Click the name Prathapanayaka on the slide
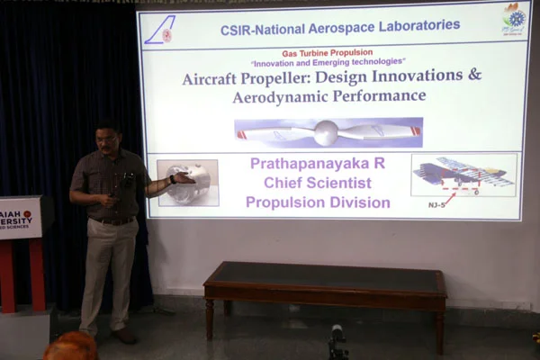(x=311, y=166)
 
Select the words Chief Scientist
(x=319, y=184)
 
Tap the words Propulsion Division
(x=319, y=202)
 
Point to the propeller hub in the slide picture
(x=326, y=132)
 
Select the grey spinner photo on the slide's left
(x=188, y=183)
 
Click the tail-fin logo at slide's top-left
(x=160, y=30)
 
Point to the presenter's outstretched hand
(x=182, y=178)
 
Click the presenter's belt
(x=112, y=220)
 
